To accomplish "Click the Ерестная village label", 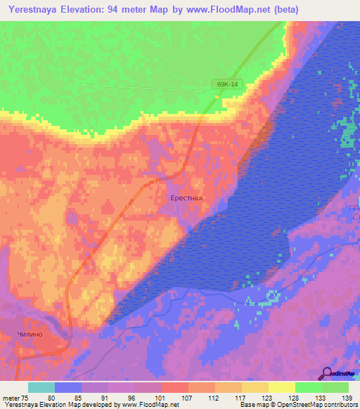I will (186, 197).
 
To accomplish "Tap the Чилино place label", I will (30, 334).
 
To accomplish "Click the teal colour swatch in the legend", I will (41, 387).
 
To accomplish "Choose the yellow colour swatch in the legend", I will (281, 387).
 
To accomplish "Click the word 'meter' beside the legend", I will (11, 398).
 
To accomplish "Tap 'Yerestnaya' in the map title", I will (34, 10).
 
